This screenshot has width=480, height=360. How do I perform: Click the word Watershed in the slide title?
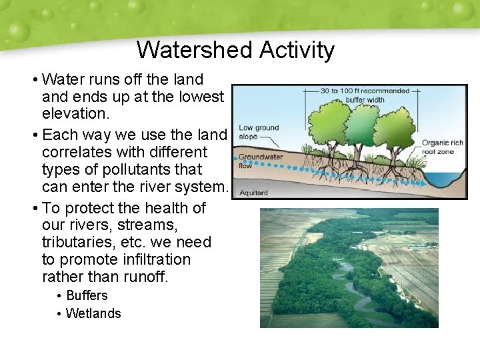coord(195,50)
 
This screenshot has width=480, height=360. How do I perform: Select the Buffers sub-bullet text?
coord(87,295)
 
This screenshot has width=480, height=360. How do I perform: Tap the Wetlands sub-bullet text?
coord(93,313)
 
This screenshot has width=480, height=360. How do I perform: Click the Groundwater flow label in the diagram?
coord(260,161)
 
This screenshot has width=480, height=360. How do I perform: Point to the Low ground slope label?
coord(259,131)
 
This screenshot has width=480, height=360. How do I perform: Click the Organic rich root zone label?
coord(442,147)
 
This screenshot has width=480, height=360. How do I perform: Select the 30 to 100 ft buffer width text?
coord(365,95)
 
